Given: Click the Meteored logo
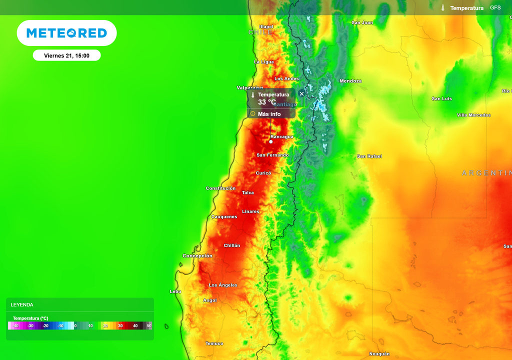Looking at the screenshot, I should point(66,33).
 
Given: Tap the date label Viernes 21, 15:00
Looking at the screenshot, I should point(66,55).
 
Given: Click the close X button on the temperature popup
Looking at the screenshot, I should point(301,93).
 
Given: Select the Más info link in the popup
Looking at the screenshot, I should point(269,114).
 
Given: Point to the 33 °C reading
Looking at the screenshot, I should point(266,102).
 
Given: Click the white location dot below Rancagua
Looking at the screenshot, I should point(271,141).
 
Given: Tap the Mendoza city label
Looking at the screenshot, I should point(350,81).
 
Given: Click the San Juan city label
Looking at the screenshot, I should point(362,22).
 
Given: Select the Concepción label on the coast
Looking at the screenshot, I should point(197,256).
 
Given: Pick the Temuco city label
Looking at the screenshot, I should point(214,343).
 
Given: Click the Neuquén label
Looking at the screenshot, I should point(379,354).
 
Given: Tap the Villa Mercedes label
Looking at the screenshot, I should point(473,115).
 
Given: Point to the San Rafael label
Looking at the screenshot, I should point(369,156).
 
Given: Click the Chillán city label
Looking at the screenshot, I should point(232,245).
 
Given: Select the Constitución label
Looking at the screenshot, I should point(220,188).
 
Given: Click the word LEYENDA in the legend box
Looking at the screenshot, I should point(22,304).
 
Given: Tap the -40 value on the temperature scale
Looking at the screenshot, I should point(15,325).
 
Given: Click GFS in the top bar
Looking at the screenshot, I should point(495,8).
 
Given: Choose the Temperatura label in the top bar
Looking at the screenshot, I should point(466,8).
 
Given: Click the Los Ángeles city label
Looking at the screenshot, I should point(223,285).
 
